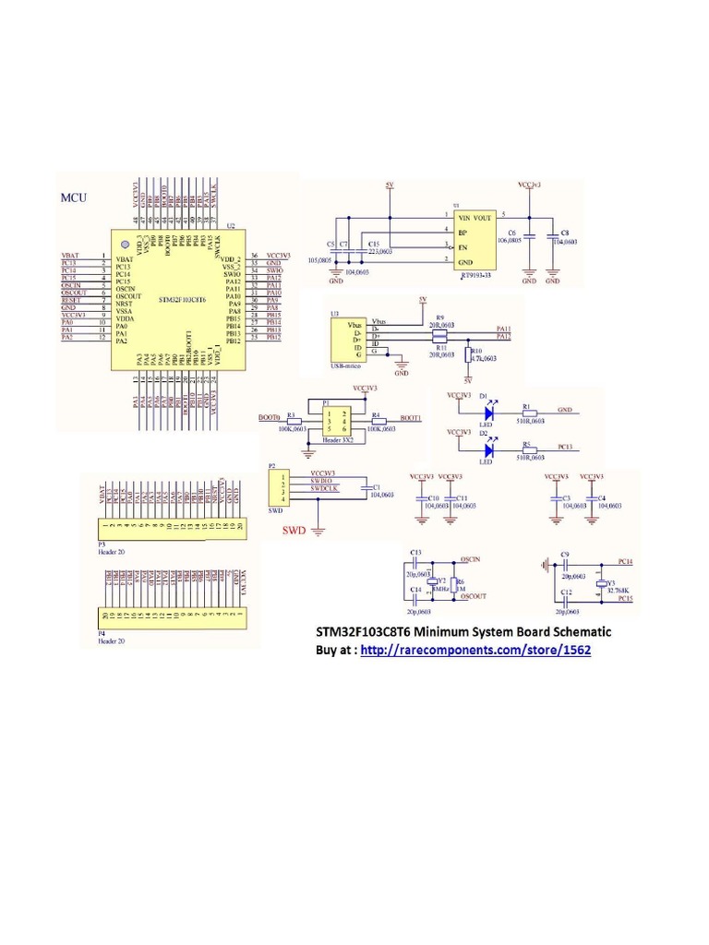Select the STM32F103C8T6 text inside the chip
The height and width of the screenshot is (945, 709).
point(181,300)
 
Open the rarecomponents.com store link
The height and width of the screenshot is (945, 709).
point(475,650)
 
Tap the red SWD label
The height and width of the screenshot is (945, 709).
point(294,532)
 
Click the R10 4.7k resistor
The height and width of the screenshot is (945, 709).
point(468,356)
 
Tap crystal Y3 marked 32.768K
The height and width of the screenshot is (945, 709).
point(601,585)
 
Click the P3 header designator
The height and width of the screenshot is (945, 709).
point(102,544)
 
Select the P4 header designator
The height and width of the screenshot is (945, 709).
point(102,634)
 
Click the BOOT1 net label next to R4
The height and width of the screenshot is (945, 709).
point(411,418)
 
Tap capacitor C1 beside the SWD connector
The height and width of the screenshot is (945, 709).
point(367,489)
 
